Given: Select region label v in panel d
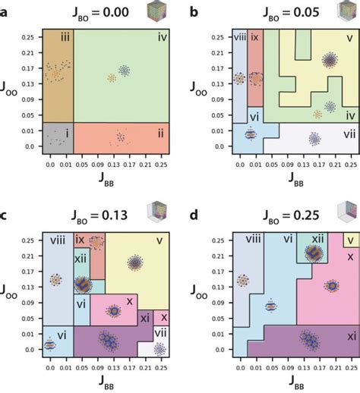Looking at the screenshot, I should pyautogui.click(x=349, y=241).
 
